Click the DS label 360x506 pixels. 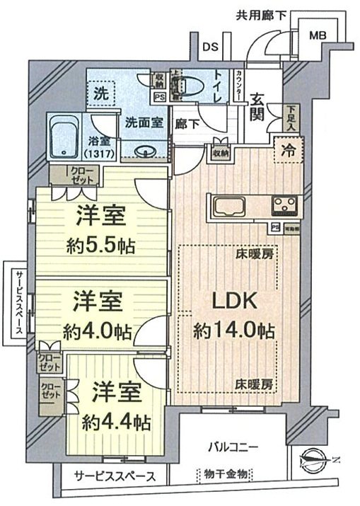click(209, 47)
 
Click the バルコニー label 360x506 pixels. click(233, 447)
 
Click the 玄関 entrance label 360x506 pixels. click(257, 108)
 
